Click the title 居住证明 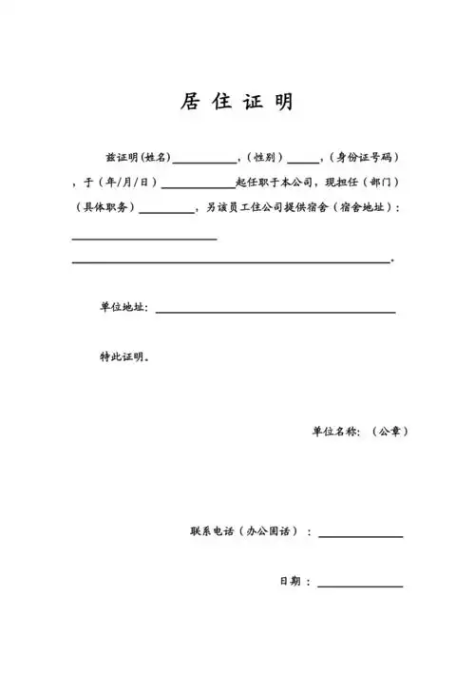click(237, 103)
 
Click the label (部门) click(386, 182)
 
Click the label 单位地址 click(123, 307)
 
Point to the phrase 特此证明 click(123, 357)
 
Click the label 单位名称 click(336, 432)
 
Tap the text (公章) click(389, 432)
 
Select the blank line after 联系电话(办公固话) click(360, 536)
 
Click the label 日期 click(289, 581)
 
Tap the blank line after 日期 click(360, 586)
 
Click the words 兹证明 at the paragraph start click(121, 156)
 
